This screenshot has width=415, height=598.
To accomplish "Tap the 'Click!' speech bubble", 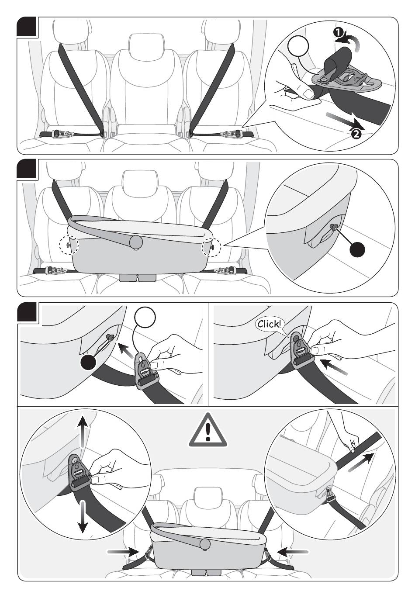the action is click(x=270, y=325).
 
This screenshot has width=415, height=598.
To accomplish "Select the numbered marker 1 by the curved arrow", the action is click(x=338, y=33).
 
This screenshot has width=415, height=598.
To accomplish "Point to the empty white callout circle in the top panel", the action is click(x=298, y=46).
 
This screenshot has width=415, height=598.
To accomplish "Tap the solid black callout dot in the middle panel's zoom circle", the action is click(x=357, y=249).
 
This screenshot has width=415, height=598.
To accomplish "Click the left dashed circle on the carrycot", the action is click(x=69, y=245).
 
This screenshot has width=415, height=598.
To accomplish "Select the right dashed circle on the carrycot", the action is click(x=211, y=247).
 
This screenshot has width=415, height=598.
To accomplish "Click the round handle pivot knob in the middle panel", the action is click(x=136, y=242).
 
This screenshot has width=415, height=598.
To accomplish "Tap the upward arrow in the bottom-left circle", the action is click(x=83, y=431).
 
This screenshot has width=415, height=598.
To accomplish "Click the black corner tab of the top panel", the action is click(x=27, y=27).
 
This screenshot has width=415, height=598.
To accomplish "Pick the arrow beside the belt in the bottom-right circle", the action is click(x=361, y=463).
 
